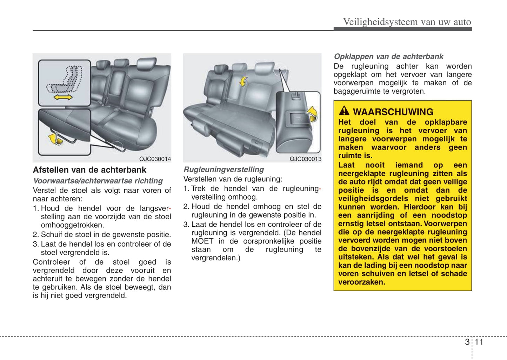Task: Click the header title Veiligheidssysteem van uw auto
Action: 407,22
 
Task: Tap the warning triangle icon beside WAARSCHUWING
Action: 344,111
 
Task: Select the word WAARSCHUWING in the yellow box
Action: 393,112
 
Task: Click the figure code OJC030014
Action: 155,159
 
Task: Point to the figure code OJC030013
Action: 305,159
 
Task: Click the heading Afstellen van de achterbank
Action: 89,170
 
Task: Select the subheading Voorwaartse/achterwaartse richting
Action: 98,181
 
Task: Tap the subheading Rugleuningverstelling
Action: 224,169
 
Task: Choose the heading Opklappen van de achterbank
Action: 388,56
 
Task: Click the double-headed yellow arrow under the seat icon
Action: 63,97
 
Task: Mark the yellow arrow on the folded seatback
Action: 243,82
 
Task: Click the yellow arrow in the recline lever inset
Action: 312,114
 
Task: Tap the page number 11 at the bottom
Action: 479,342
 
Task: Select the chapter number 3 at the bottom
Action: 467,342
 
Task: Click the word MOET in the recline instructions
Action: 202,241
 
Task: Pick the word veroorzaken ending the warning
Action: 361,282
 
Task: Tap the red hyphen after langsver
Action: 170,208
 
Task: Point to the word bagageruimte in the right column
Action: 355,91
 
